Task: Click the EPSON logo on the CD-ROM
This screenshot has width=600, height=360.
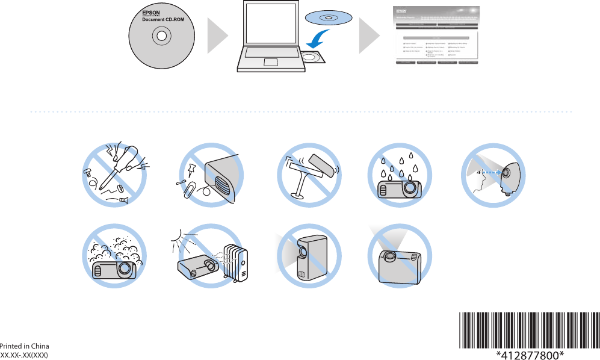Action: tap(150, 11)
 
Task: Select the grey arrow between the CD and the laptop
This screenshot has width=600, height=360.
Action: tap(217, 37)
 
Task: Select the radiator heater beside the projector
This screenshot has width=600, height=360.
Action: tap(236, 261)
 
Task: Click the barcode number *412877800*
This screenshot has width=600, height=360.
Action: tap(530, 354)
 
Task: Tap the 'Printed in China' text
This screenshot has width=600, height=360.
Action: tap(24, 346)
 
